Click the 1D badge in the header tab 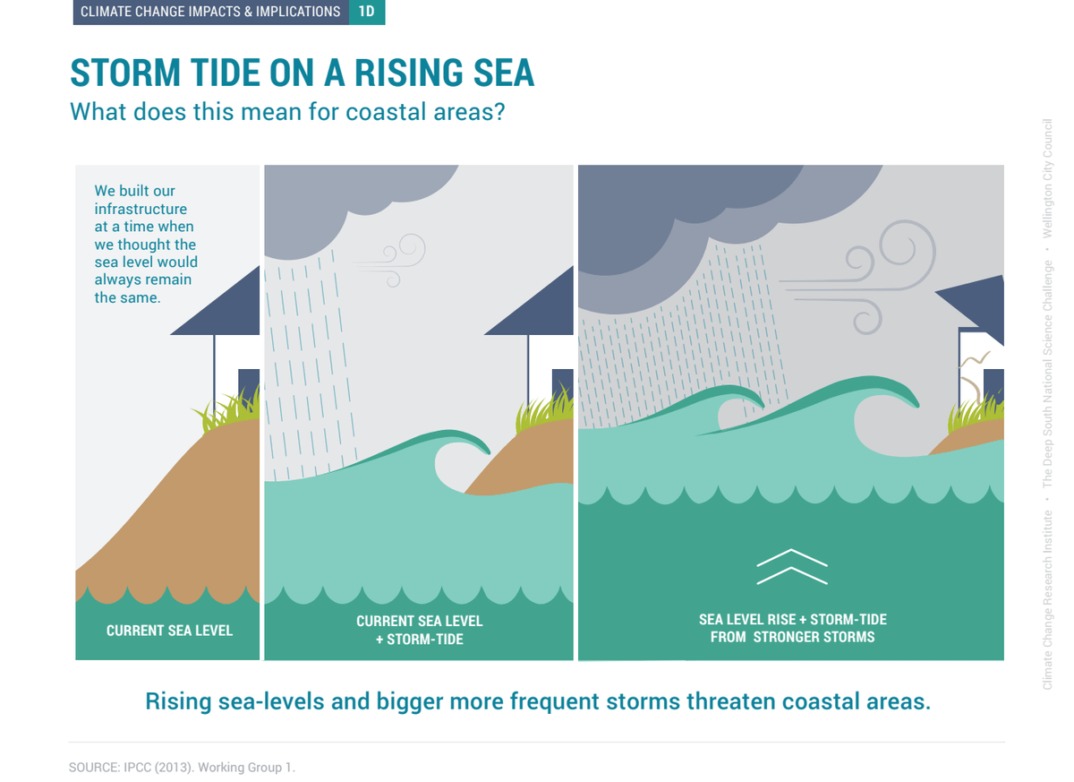pyautogui.click(x=367, y=12)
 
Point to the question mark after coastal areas pyautogui.click(x=499, y=111)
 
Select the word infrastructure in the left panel pyautogui.click(x=141, y=210)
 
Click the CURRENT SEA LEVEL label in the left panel pyautogui.click(x=169, y=631)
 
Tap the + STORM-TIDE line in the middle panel pyautogui.click(x=420, y=640)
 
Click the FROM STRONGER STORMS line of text pyautogui.click(x=793, y=637)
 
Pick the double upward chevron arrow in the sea pyautogui.click(x=792, y=567)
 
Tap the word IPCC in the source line pyautogui.click(x=137, y=768)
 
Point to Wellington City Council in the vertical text pyautogui.click(x=1047, y=178)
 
